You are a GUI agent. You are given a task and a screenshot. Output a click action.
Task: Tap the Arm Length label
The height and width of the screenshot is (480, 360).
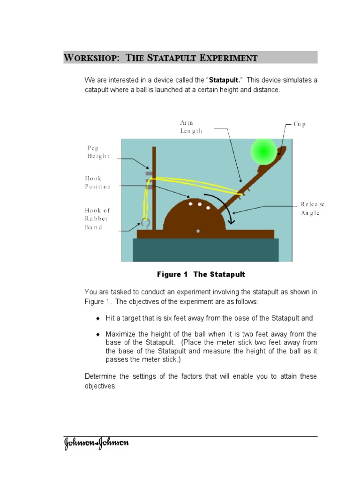(x=191, y=127)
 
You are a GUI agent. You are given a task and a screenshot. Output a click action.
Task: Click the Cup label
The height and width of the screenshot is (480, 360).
(x=300, y=125)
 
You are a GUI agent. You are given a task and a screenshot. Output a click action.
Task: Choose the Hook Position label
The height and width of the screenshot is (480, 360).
(x=97, y=182)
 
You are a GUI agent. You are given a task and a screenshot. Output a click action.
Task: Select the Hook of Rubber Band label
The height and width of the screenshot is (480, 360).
(x=97, y=219)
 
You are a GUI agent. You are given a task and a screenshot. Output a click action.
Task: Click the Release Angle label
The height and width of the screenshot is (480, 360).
(x=312, y=209)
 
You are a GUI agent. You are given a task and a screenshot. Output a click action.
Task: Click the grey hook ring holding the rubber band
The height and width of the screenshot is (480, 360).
(x=145, y=223)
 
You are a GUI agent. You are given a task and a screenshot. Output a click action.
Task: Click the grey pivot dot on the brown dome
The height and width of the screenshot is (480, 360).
(x=198, y=231)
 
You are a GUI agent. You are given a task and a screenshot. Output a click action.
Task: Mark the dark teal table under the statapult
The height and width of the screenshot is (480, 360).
(x=206, y=250)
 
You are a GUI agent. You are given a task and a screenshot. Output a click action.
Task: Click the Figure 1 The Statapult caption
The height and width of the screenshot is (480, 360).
(x=201, y=274)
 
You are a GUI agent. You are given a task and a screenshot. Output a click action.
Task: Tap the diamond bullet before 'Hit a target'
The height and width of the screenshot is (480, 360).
(x=98, y=318)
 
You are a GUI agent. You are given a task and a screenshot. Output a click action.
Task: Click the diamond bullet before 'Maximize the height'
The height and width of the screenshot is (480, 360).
(x=98, y=334)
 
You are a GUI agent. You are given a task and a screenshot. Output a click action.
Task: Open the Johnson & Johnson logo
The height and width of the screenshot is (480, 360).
(x=96, y=443)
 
